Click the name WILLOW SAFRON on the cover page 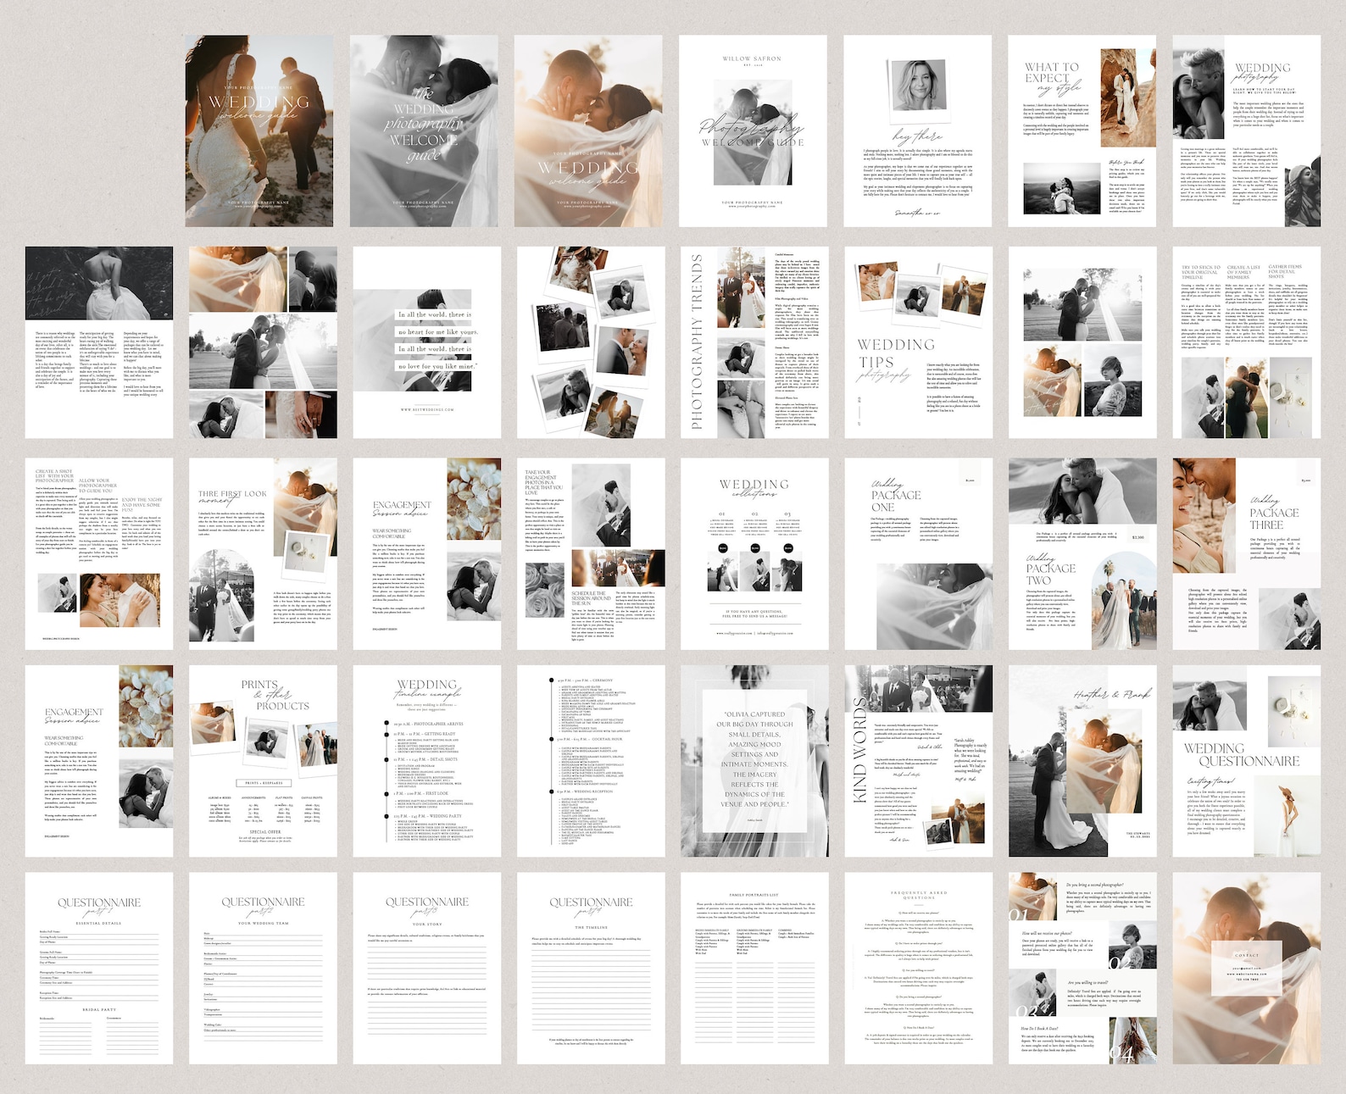pos(752,58)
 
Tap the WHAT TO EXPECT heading pos(1051,72)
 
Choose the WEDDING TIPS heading pos(895,353)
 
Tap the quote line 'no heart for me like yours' pos(437,332)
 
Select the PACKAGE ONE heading pos(894,500)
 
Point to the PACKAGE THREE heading pos(1273,518)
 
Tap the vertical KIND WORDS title pos(860,751)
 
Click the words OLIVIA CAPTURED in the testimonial pos(754,714)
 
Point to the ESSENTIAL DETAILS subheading pos(99,923)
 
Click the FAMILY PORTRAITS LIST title pos(754,895)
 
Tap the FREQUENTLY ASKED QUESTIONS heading pos(919,895)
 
